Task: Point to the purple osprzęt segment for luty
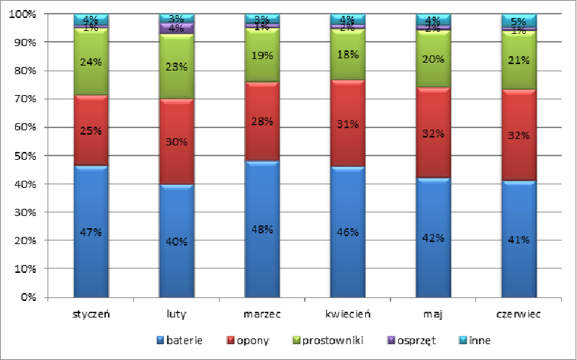coord(176,29)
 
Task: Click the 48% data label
coord(262,230)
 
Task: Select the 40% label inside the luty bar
coord(176,241)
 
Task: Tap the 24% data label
coord(91,62)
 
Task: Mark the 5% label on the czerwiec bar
coord(519,20)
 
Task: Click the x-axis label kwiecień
coord(348,314)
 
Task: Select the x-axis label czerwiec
coord(519,314)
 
